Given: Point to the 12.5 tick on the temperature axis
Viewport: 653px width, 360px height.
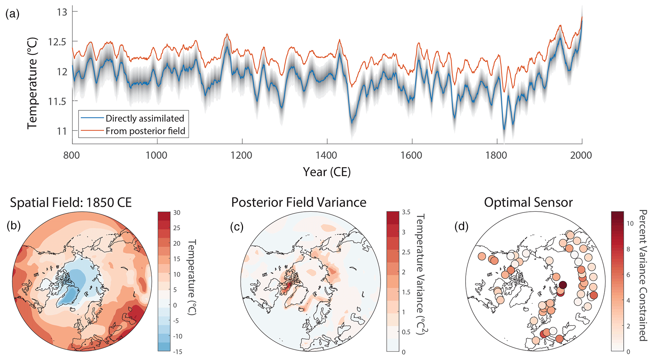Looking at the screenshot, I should click(57, 41).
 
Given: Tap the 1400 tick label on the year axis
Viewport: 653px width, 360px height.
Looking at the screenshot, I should click(327, 155).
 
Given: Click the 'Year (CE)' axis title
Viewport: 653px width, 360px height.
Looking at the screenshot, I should click(327, 172).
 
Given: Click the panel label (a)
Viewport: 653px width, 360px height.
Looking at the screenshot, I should click(13, 14).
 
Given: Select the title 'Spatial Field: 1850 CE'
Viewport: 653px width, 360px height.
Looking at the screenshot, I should click(71, 202).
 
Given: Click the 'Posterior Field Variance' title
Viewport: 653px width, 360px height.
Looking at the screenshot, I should click(299, 202).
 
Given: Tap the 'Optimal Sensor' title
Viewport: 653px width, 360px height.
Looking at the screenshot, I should click(528, 202).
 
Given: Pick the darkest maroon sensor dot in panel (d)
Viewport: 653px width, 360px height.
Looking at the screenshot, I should click(562, 285).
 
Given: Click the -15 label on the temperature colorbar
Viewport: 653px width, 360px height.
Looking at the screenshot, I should click(178, 351).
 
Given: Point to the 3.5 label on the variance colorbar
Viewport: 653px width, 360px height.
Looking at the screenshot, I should click(406, 212).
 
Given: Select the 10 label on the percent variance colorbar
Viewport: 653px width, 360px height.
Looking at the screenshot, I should click(630, 223).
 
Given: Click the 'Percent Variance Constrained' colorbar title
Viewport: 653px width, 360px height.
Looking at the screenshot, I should click(643, 275).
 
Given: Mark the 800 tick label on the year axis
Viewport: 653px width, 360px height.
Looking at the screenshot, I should click(72, 155).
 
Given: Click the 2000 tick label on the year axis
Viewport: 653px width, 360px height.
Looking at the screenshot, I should click(581, 155).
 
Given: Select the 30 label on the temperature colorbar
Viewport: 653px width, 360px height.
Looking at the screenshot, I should click(177, 212).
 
